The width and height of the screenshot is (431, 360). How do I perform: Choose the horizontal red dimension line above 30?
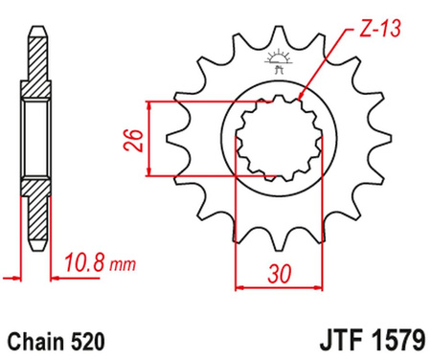point(278,284)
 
